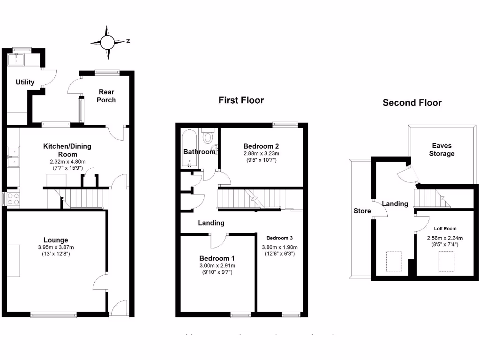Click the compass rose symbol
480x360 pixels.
pyautogui.click(x=108, y=42)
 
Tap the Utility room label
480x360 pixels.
pyautogui.click(x=25, y=82)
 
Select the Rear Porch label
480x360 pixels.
pyautogui.click(x=106, y=96)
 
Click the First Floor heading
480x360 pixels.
pyautogui.click(x=241, y=100)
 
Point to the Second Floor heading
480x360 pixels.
pyautogui.click(x=412, y=103)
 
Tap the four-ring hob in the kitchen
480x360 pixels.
pyautogui.click(x=13, y=199)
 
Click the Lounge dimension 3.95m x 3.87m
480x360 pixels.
pyautogui.click(x=56, y=247)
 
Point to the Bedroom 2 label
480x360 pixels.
pyautogui.click(x=261, y=145)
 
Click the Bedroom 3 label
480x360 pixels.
pyautogui.click(x=279, y=238)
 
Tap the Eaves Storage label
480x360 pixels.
pyautogui.click(x=443, y=150)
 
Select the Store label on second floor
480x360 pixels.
pyautogui.click(x=362, y=211)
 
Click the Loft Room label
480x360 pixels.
pyautogui.click(x=444, y=229)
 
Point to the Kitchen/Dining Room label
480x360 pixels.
pyautogui.click(x=67, y=150)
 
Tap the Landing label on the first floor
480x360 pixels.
pyautogui.click(x=211, y=223)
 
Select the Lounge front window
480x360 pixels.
pyautogui.click(x=53, y=315)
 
